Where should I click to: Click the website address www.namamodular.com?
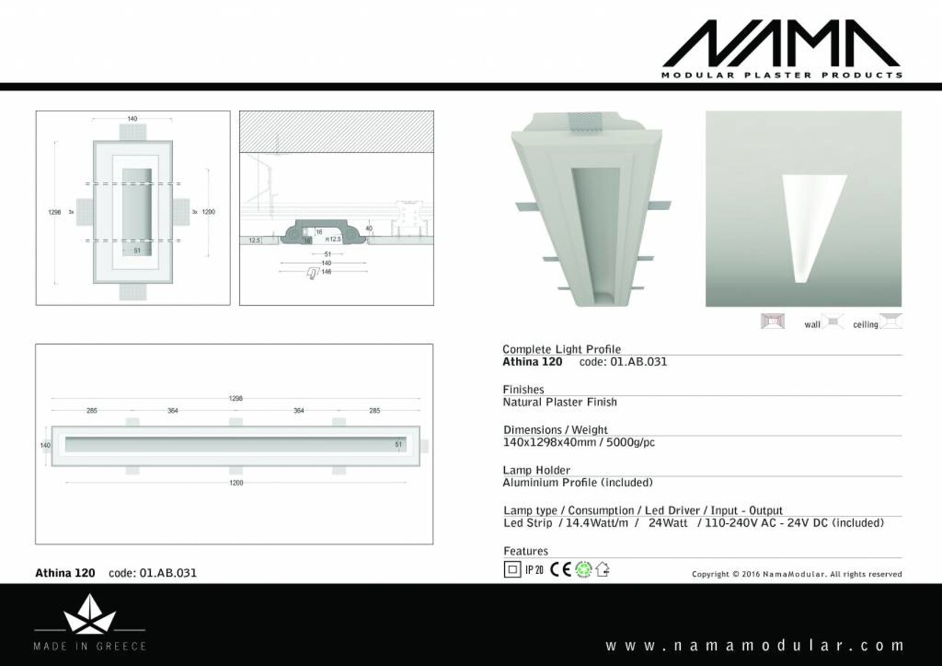click(x=754, y=645)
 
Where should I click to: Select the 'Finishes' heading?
click(x=523, y=390)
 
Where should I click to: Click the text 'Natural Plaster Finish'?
click(x=559, y=402)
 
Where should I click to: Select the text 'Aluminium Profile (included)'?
click(x=578, y=483)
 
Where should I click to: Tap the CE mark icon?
click(x=561, y=569)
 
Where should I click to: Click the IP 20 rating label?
click(x=534, y=569)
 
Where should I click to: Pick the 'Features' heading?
click(x=525, y=551)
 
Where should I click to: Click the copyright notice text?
click(x=796, y=574)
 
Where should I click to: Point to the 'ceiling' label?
click(x=865, y=325)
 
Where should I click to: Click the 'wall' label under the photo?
click(x=812, y=325)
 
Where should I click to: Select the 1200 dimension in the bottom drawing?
click(x=236, y=483)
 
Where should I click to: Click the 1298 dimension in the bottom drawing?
click(x=235, y=399)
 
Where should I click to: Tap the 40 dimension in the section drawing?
click(x=369, y=228)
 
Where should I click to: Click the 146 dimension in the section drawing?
click(x=326, y=271)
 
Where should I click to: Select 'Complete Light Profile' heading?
click(x=562, y=349)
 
